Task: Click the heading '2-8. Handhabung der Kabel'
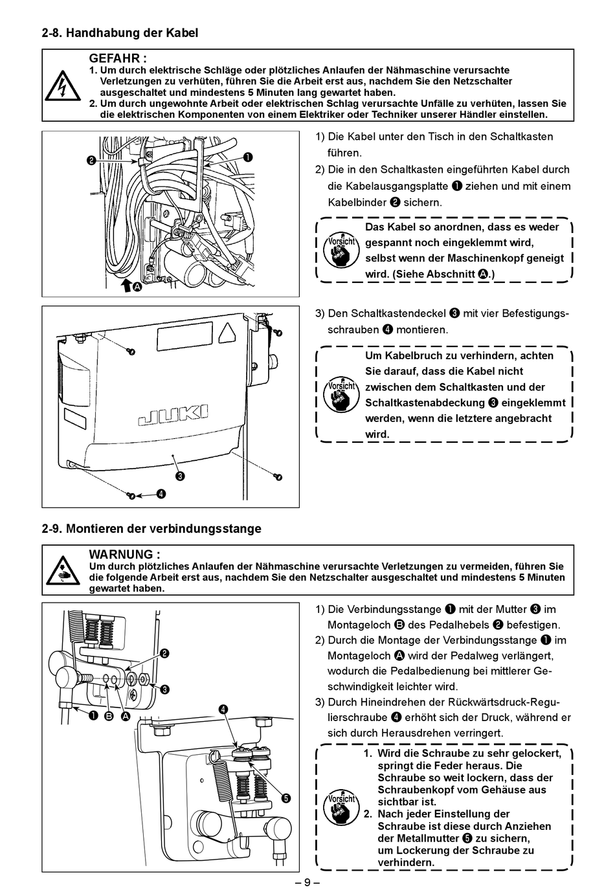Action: pyautogui.click(x=120, y=32)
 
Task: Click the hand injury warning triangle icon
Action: pyautogui.click(x=63, y=570)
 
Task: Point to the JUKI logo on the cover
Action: pyautogui.click(x=173, y=415)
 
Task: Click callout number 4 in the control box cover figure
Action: pyautogui.click(x=161, y=495)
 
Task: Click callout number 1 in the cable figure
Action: pyautogui.click(x=249, y=157)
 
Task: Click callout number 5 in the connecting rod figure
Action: pyautogui.click(x=285, y=797)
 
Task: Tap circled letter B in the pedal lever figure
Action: pyautogui.click(x=108, y=716)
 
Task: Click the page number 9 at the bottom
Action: pyautogui.click(x=307, y=882)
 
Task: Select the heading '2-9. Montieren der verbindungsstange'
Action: pyautogui.click(x=151, y=528)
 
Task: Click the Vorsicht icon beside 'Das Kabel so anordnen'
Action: pyautogui.click(x=341, y=249)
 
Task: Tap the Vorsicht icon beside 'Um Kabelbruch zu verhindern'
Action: pyautogui.click(x=341, y=394)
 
